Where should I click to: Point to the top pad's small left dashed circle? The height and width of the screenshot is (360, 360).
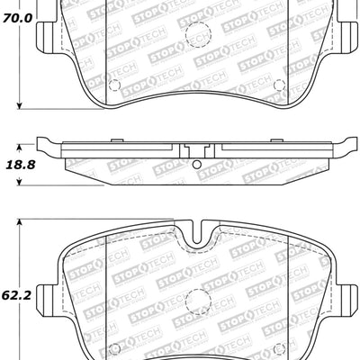coord(113,86)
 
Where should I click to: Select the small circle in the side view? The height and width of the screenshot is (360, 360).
coord(195,164)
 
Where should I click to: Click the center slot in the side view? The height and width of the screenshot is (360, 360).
coord(195,151)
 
